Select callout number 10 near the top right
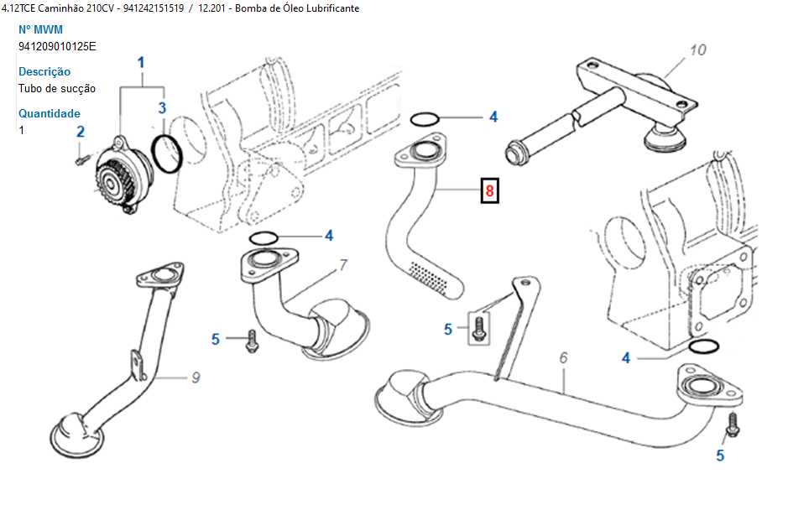(697, 50)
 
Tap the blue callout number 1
(141, 62)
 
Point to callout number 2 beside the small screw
(81, 131)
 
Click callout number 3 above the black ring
(162, 107)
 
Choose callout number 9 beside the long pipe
(196, 377)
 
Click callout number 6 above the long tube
(564, 357)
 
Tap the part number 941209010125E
(57, 46)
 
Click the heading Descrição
(44, 71)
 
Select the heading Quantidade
(50, 113)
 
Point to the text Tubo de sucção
(57, 88)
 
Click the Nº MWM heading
(40, 29)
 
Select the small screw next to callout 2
(81, 156)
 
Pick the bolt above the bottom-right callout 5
(732, 424)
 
